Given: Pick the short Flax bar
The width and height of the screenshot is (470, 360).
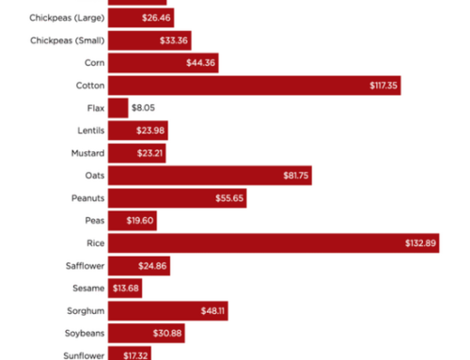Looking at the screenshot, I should (x=117, y=107).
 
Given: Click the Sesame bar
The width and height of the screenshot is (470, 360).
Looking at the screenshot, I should (x=125, y=288).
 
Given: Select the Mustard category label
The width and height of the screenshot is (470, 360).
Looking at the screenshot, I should (x=87, y=152).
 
